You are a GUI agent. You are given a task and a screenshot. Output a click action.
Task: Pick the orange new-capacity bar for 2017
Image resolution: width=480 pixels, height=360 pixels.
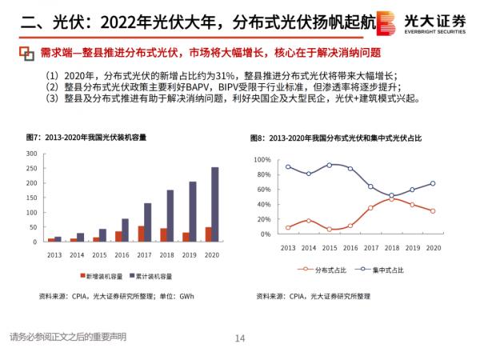(142, 234)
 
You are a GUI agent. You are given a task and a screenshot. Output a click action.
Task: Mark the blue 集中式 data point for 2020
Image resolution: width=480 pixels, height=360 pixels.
(433, 183)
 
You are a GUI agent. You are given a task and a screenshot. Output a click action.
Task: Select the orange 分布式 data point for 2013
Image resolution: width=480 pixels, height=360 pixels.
(288, 227)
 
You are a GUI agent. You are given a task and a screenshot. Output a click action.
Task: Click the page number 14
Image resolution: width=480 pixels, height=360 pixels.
(239, 338)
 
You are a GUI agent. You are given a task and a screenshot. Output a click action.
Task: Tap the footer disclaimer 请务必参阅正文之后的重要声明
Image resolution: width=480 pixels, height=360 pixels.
(68, 336)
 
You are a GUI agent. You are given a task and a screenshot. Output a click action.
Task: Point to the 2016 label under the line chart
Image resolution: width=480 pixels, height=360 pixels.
(350, 248)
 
